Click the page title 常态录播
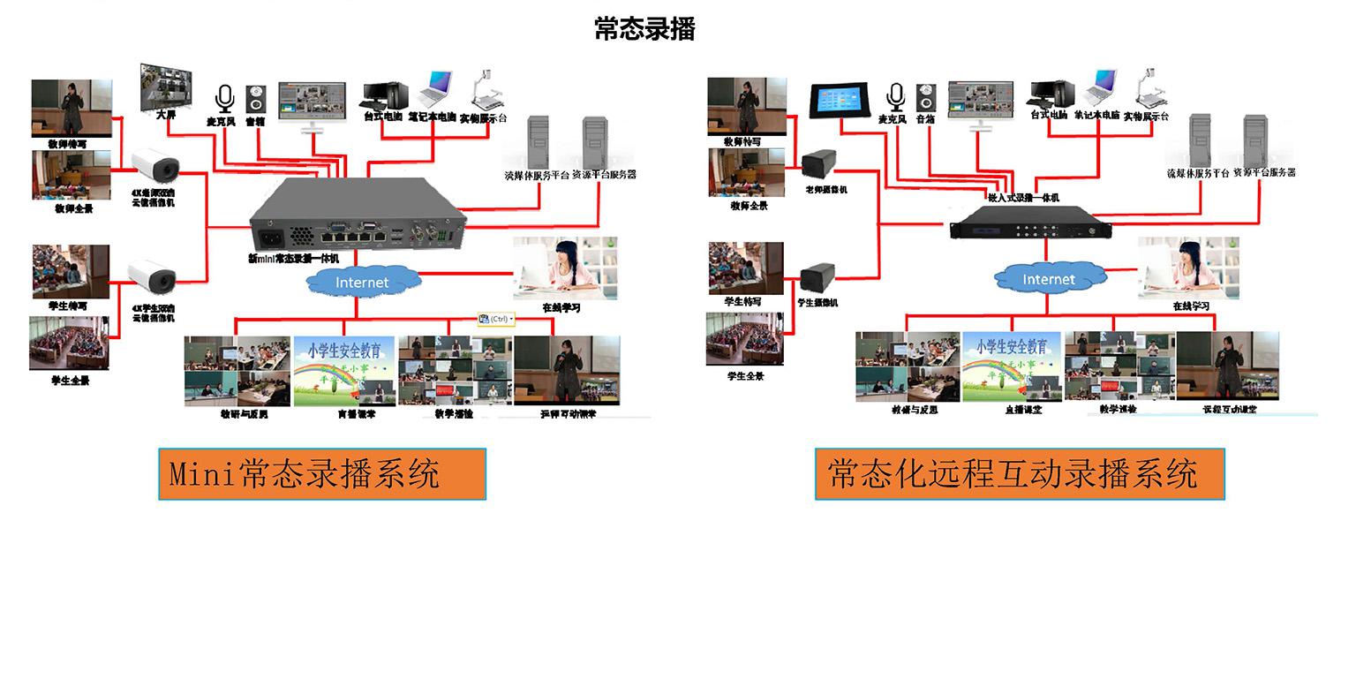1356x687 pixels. (x=644, y=28)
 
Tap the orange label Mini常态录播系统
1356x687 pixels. (x=322, y=474)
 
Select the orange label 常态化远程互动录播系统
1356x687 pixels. (x=1019, y=474)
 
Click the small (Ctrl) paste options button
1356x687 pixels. (x=496, y=319)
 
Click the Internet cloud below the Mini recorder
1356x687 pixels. (x=362, y=283)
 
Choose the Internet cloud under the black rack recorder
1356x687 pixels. (x=1049, y=279)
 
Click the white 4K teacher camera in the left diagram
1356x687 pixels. (x=154, y=164)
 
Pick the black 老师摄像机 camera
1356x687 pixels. (x=819, y=162)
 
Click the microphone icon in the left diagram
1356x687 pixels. (x=224, y=98)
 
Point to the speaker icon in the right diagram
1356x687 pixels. (x=925, y=97)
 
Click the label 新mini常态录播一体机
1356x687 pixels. (x=293, y=259)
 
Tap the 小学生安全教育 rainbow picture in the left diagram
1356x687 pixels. (x=343, y=371)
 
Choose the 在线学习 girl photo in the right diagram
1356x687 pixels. (x=1188, y=268)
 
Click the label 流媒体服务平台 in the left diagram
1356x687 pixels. (x=536, y=175)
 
